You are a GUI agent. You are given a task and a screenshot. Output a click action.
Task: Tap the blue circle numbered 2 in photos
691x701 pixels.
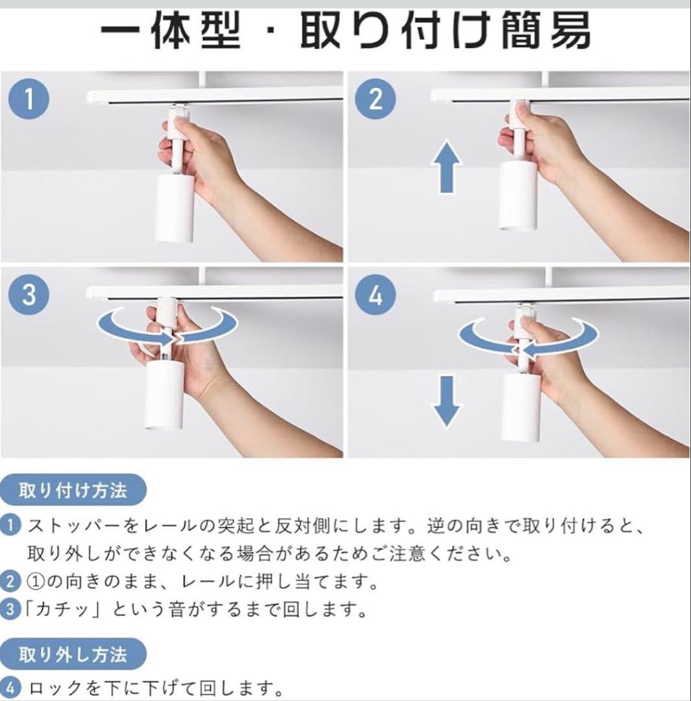[x=376, y=101]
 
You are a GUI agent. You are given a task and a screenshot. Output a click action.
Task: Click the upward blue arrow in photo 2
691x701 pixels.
[x=446, y=167]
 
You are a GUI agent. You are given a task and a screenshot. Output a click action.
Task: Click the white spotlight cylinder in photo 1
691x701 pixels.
[x=175, y=206]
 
